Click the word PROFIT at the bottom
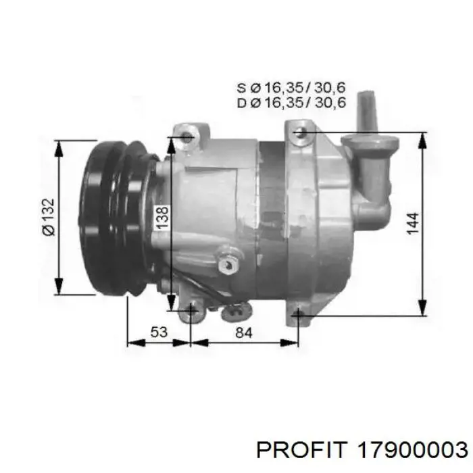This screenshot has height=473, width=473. pos(300,451)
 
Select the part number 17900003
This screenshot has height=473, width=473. pos(412,451)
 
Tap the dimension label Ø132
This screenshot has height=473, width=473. pos(49,217)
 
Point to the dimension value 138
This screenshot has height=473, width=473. pos(162,217)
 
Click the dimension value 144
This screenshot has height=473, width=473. pos(413,223)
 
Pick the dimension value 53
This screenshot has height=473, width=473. pos(159,332)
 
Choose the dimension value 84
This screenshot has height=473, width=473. pos(243,332)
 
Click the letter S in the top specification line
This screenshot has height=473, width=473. pos(241,88)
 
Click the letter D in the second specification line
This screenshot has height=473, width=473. pos(242,103)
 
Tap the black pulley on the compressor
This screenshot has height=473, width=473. pos(119,218)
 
